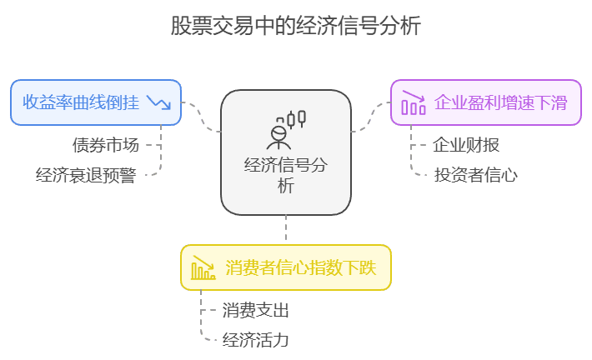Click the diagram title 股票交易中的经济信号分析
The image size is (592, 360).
(296, 26)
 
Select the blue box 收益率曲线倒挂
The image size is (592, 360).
(96, 102)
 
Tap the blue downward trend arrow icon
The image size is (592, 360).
(158, 102)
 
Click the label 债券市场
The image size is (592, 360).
(106, 145)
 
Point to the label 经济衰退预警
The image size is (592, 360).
(86, 175)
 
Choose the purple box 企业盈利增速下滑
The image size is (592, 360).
(486, 102)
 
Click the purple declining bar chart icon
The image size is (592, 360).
(414, 102)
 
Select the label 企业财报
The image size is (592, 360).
(466, 145)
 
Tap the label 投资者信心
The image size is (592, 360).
(476, 175)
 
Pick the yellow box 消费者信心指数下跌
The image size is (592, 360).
(286, 267)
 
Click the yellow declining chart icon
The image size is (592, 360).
(203, 268)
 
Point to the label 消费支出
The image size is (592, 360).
(256, 310)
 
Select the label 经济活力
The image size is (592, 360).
(256, 340)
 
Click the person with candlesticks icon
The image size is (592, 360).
(286, 130)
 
